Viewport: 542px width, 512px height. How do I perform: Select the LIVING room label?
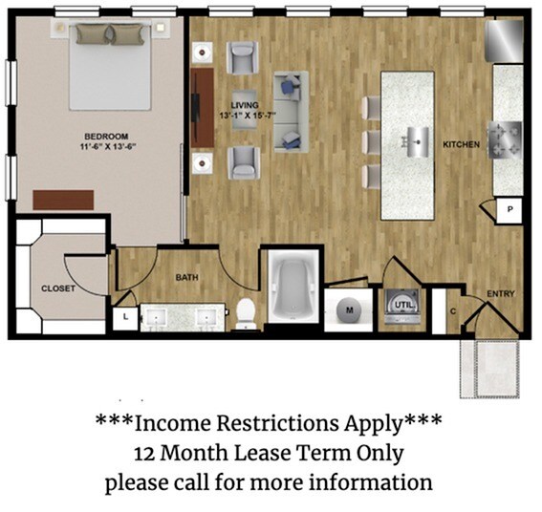[x=246, y=105]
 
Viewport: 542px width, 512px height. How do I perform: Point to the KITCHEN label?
[x=461, y=144]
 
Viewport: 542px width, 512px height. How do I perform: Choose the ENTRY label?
[x=500, y=293]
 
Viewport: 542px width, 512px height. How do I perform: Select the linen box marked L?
[x=125, y=318]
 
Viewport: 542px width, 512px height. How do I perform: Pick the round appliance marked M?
[x=350, y=309]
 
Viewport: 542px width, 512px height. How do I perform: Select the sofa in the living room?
[x=289, y=111]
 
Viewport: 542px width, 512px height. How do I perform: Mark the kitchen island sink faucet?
[x=418, y=140]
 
